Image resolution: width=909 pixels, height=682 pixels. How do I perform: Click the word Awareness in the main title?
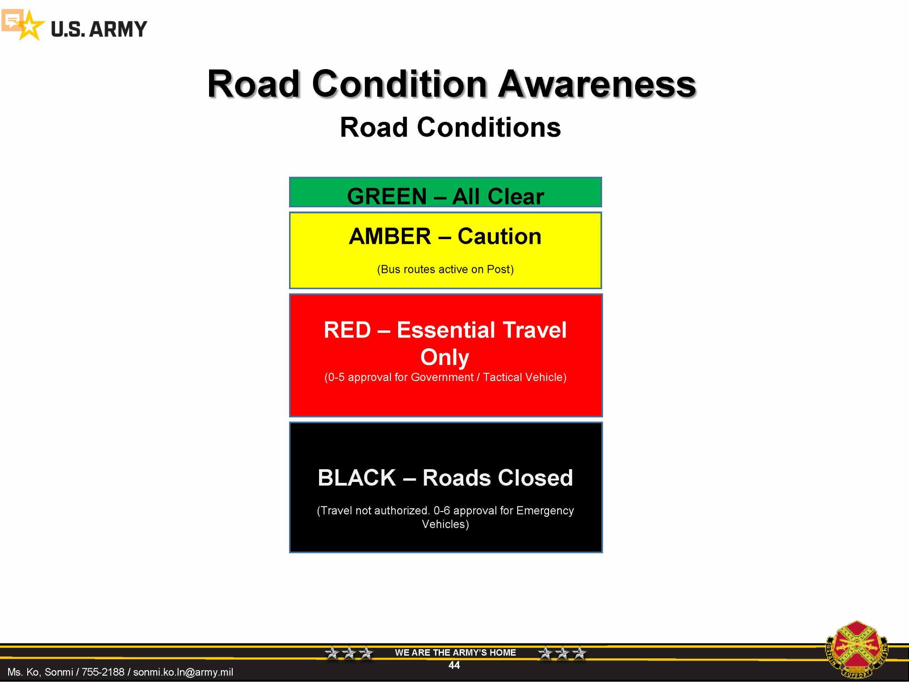(597, 84)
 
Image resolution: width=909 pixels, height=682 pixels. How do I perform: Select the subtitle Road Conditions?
(450, 127)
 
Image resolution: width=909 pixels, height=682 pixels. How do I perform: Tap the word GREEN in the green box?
(387, 196)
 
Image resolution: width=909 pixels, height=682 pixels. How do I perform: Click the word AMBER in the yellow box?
(390, 236)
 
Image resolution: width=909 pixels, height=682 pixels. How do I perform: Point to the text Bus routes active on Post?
(445, 269)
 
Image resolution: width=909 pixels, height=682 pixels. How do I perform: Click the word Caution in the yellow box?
(499, 236)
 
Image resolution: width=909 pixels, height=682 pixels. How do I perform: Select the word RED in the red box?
(347, 330)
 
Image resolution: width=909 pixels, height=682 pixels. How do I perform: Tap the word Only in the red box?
(445, 357)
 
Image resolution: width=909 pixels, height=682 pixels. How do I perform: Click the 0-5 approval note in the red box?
(445, 377)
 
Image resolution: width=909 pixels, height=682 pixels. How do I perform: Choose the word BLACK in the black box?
(357, 478)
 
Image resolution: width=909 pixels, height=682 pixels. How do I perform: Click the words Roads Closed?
(498, 478)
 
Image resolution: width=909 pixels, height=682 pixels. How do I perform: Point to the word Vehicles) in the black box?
(445, 524)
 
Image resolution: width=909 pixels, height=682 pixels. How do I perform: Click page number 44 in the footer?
(454, 665)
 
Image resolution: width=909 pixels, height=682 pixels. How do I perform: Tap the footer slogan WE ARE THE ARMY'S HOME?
(455, 652)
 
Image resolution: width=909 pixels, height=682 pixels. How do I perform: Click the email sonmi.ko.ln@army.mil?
(183, 672)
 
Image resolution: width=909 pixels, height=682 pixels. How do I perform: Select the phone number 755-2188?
(103, 672)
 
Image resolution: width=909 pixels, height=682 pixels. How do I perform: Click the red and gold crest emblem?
(856, 649)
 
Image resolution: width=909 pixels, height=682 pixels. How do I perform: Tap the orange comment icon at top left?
(12, 20)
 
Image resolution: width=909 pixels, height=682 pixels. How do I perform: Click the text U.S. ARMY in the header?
(99, 29)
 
